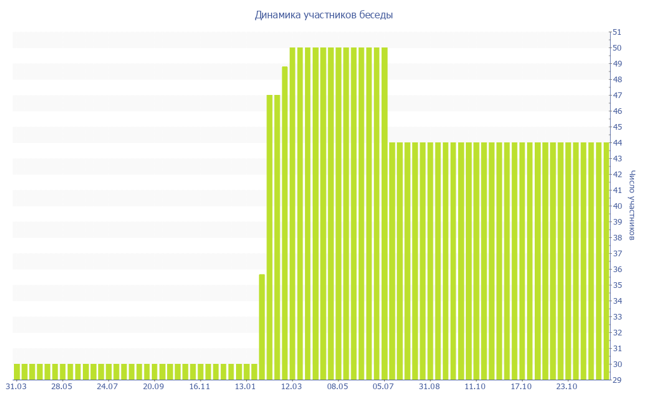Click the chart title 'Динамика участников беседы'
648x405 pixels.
tap(323, 15)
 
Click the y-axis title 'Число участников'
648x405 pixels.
tap(632, 206)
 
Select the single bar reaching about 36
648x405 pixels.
tap(262, 327)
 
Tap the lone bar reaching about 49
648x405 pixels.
tap(285, 223)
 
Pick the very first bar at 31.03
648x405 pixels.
tap(17, 371)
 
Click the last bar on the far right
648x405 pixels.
tap(606, 261)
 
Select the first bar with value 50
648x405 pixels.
tap(292, 213)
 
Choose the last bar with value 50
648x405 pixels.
tap(384, 213)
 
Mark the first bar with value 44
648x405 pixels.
tap(392, 261)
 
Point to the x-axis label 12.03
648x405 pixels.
tap(291, 387)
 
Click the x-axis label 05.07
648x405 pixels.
tap(383, 387)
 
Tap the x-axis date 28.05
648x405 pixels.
tap(62, 387)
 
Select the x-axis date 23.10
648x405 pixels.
tap(566, 387)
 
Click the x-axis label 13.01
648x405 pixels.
tap(246, 387)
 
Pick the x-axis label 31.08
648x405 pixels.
tap(429, 387)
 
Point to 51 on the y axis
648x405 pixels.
tap(616, 32)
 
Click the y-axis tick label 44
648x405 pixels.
tap(616, 143)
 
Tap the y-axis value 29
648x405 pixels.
tap(616, 380)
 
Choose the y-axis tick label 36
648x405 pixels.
tap(616, 270)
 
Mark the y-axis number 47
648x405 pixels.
tap(616, 96)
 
